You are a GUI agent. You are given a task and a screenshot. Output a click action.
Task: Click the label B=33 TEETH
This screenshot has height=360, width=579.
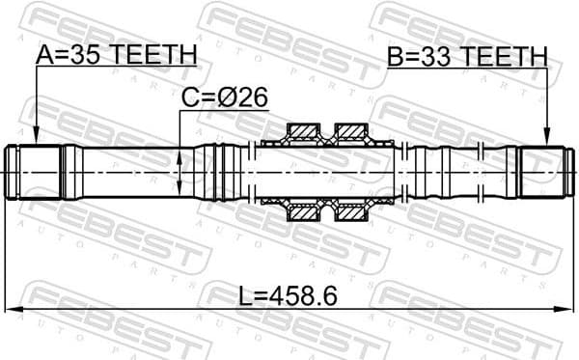[x=467, y=56]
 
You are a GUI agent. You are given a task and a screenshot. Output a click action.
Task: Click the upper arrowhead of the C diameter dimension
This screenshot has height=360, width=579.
[x=180, y=150]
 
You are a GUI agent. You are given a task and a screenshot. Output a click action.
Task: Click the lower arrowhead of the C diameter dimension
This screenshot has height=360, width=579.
[x=180, y=192]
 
